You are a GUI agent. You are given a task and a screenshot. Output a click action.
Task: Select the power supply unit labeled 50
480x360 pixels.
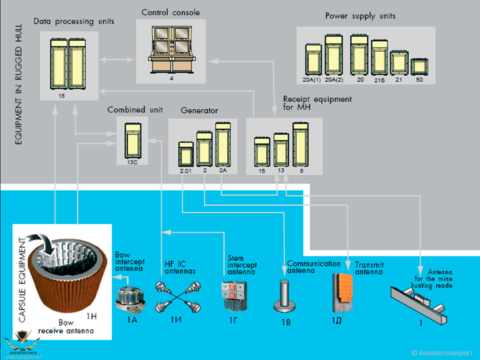point(419,67)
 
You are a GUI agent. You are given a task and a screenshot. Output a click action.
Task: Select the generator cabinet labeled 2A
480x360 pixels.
point(223,144)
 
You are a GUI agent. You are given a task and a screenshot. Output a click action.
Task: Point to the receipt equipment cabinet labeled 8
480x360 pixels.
point(301,144)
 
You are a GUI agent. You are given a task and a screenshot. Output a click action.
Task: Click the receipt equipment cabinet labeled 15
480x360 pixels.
point(262,152)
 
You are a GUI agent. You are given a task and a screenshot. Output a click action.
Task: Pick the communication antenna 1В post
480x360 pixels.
point(284,296)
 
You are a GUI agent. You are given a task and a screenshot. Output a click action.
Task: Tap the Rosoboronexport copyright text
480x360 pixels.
point(442,352)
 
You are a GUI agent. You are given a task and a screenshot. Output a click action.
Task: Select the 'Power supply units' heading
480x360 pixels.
point(360,16)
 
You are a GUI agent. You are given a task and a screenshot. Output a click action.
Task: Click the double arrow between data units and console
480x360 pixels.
point(116,60)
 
